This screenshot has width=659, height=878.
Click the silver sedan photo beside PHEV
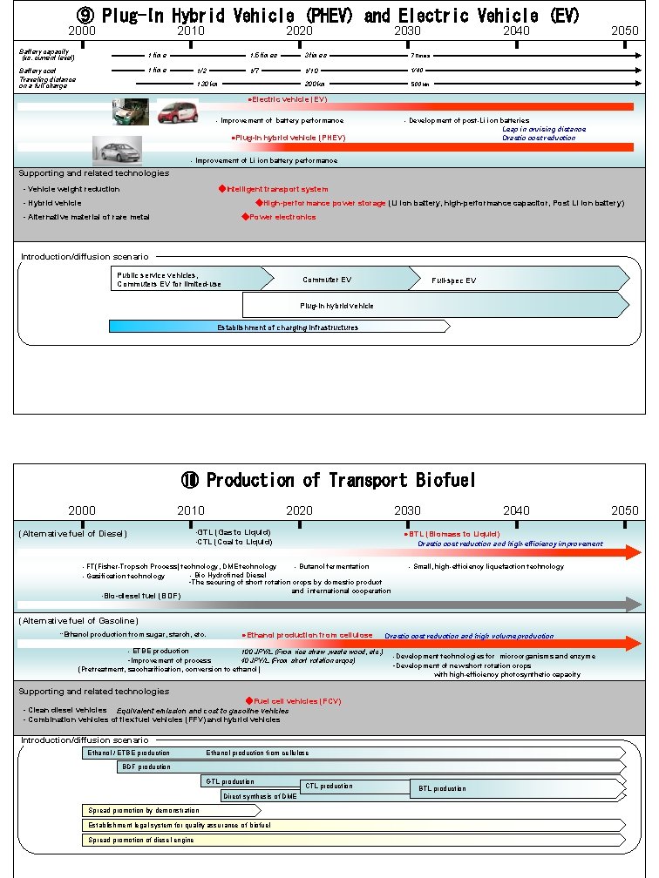(x=117, y=150)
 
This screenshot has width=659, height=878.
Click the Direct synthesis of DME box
(x=260, y=796)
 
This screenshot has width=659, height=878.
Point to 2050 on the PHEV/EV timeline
(x=624, y=30)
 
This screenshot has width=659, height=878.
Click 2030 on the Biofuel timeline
(x=407, y=510)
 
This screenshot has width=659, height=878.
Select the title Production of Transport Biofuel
(x=329, y=480)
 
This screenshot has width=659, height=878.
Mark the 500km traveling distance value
(x=419, y=84)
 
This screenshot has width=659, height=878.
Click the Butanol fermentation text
(x=334, y=567)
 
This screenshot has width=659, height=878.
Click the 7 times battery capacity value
(x=419, y=55)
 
